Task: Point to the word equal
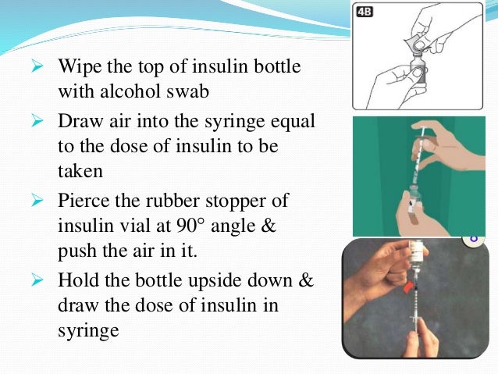[301, 123]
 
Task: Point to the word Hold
[76, 280]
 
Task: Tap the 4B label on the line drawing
[365, 12]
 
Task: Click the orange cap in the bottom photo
[406, 287]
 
